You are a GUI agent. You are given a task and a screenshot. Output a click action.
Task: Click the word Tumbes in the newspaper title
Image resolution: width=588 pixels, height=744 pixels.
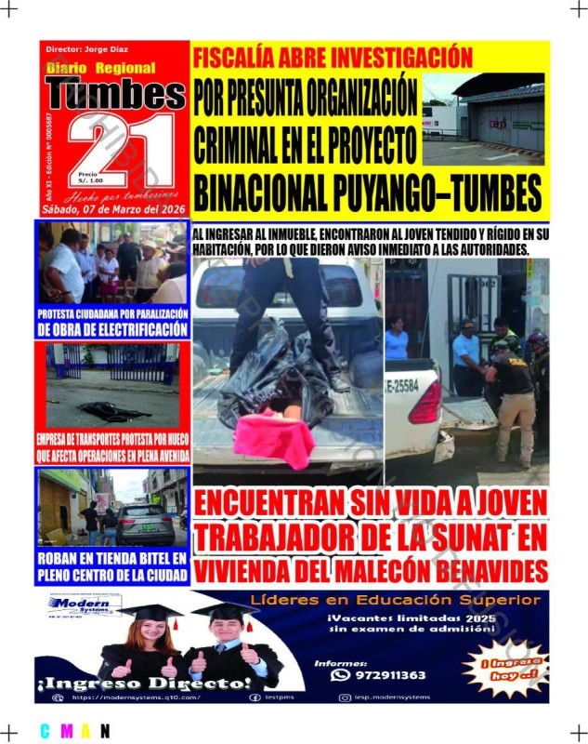(x=115, y=93)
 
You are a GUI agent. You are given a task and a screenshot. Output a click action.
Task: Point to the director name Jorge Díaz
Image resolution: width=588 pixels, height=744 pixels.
(x=104, y=49)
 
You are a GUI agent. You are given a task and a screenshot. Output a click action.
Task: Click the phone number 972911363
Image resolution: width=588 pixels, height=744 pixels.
(x=390, y=675)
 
